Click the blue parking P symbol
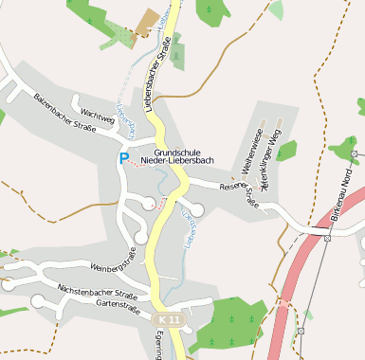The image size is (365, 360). [x=123, y=157]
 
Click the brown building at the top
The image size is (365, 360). [x=147, y=22]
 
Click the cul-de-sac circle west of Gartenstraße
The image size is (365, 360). [x=38, y=302]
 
